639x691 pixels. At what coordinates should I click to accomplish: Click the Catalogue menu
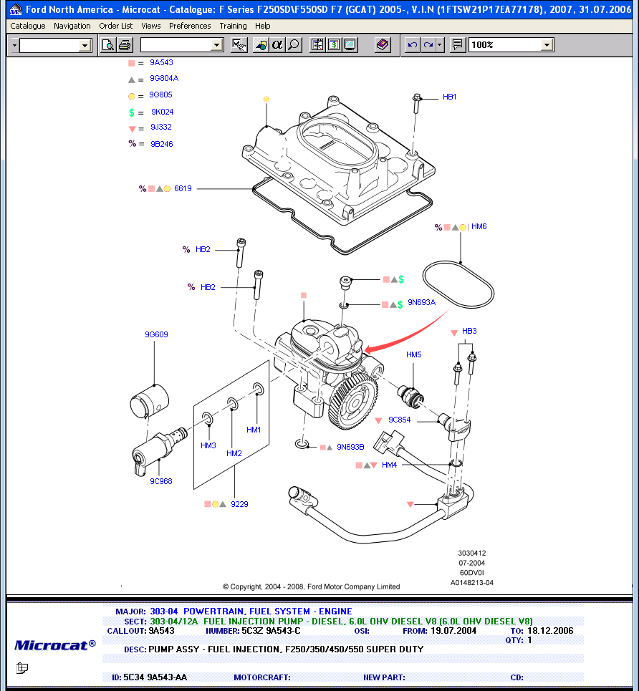[28, 26]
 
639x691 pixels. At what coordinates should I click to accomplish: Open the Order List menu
[115, 26]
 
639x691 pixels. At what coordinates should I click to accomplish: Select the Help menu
[263, 26]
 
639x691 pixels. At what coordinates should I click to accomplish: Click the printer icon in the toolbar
[125, 45]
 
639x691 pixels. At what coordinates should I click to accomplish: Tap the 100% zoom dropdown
[511, 45]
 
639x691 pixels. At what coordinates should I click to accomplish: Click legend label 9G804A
[164, 79]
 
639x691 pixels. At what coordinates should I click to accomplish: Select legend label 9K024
[162, 112]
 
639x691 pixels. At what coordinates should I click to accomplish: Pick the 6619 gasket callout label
[183, 189]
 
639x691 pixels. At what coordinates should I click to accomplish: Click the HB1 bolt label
[449, 97]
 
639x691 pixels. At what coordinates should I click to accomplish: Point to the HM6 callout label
[479, 226]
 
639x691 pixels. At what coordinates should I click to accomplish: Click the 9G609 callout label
[156, 334]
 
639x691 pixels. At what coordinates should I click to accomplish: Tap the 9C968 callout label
[160, 482]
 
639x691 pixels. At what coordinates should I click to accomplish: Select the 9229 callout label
[239, 504]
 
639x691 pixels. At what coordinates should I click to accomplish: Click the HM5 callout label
[414, 354]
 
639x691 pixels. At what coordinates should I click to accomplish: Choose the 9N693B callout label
[350, 447]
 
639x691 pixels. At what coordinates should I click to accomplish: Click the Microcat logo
[54, 644]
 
